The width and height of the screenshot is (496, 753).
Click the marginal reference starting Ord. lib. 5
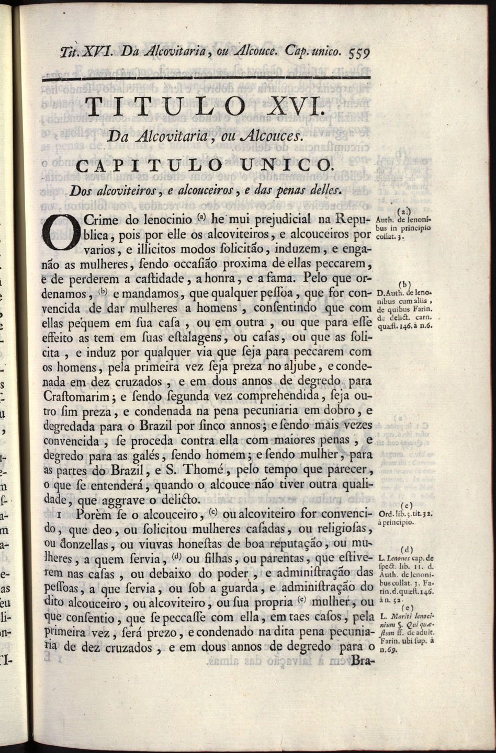(x=404, y=514)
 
